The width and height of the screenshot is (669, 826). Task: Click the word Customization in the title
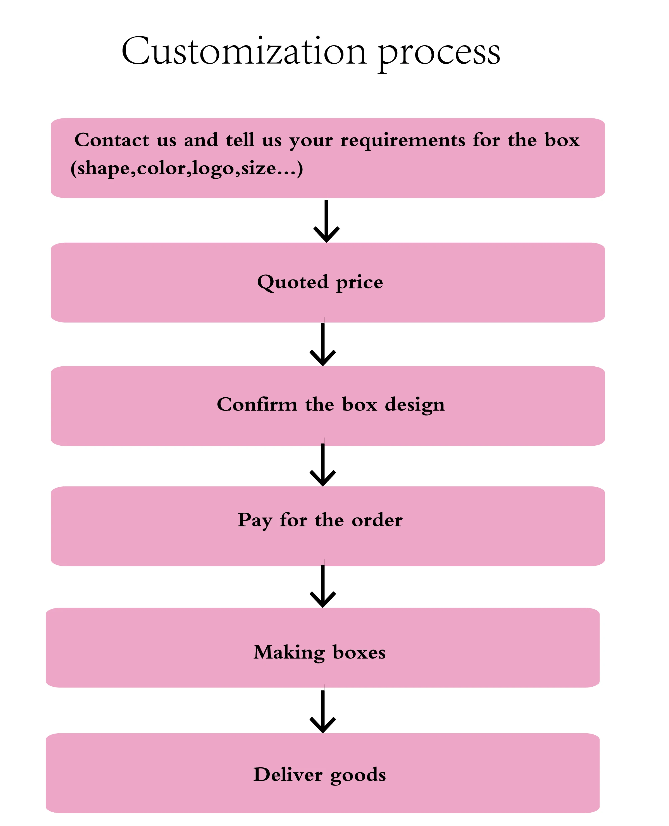(243, 51)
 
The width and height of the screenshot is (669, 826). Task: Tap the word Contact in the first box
(112, 140)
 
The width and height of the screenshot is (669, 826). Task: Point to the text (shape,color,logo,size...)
(187, 168)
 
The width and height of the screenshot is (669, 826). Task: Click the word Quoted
(293, 282)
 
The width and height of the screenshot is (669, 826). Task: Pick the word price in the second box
(360, 284)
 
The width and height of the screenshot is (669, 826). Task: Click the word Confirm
(257, 405)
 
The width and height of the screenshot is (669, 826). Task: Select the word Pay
(255, 520)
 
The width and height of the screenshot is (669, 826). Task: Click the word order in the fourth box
(377, 520)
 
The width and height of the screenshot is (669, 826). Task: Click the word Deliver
(288, 775)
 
